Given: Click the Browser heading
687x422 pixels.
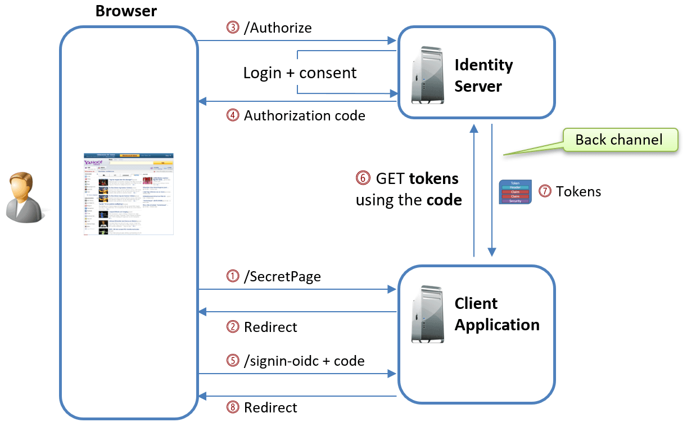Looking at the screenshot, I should tap(126, 11).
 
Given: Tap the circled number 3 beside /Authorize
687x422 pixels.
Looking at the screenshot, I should tap(233, 28).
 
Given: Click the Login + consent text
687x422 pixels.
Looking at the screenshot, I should tap(300, 73).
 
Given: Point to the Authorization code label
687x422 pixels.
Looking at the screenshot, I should tap(304, 116).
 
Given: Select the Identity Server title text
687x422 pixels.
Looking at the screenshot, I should tap(483, 75).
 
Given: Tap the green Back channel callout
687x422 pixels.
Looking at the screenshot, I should tap(619, 140).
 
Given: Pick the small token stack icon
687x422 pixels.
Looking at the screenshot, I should tap(515, 192).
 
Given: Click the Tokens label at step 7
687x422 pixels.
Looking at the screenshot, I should tap(578, 192).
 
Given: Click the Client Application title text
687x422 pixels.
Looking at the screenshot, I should tap(496, 314).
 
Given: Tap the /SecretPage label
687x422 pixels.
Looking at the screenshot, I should tap(282, 276).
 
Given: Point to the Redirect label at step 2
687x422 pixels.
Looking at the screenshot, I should tap(270, 327).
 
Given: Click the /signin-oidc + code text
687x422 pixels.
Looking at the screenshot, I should tap(304, 361).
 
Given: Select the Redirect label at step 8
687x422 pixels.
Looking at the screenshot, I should tap(270, 407).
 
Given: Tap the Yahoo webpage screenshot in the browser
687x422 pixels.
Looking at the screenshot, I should tap(129, 194).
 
